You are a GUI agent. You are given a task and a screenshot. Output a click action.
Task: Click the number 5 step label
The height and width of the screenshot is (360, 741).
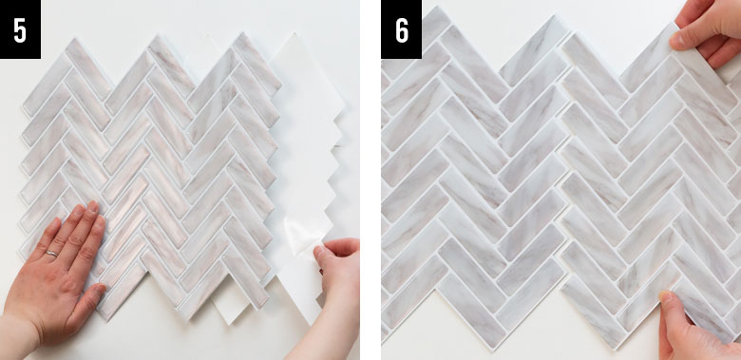20,31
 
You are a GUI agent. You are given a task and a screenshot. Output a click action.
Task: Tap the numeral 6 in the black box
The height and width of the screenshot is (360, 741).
402,31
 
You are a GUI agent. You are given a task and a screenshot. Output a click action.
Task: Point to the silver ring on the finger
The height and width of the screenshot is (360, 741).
51,254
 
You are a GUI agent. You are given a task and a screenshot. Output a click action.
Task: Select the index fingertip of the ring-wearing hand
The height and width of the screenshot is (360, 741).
92,207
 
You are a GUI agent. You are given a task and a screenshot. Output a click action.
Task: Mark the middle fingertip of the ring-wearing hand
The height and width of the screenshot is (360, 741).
76,211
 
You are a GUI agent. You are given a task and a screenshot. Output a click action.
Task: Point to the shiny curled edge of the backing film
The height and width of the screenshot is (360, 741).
302,237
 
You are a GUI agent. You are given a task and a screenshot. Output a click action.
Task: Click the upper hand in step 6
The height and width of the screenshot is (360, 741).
709,30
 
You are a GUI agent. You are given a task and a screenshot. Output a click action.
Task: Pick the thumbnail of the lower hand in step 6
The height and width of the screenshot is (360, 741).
666,297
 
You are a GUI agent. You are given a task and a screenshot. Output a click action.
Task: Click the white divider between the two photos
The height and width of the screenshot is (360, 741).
370,180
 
